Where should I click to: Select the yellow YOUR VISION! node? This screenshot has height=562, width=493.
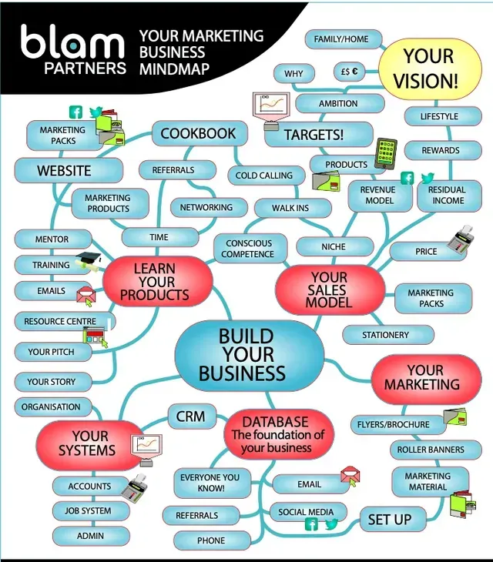(x=429, y=68)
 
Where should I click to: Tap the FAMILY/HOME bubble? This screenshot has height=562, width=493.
(x=341, y=39)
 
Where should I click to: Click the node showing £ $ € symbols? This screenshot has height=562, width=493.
(x=350, y=72)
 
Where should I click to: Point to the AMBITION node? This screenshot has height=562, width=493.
(x=338, y=103)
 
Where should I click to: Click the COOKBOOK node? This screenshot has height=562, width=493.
(x=199, y=134)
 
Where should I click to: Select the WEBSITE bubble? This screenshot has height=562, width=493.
(x=65, y=170)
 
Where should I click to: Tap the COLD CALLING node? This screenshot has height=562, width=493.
(x=264, y=176)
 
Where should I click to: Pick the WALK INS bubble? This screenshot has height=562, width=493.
(x=290, y=208)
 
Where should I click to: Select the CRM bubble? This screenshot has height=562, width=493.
(x=190, y=416)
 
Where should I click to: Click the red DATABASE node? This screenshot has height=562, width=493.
(x=275, y=434)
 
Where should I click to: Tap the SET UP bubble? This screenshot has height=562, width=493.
(x=389, y=520)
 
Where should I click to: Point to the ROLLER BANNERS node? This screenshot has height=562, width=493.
(x=431, y=450)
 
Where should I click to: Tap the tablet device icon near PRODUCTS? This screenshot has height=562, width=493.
(x=385, y=154)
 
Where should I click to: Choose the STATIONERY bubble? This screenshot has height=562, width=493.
(x=386, y=335)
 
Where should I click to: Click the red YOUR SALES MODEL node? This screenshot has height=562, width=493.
(x=329, y=289)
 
